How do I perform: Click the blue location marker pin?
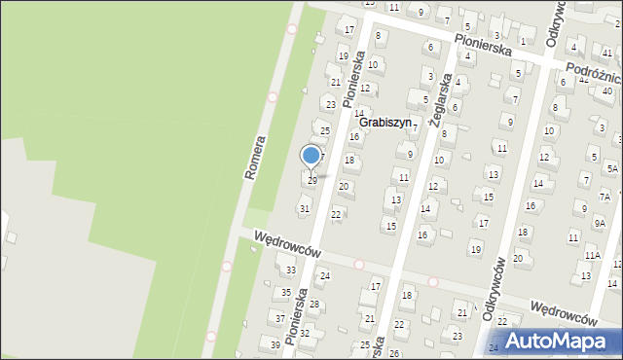[x=311, y=156]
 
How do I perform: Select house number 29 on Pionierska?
[x=311, y=180]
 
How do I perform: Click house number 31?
[x=304, y=209]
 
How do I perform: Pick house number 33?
[x=290, y=270]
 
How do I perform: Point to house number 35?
[x=285, y=292]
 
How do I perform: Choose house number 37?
[x=280, y=318]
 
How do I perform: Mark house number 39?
[x=275, y=344]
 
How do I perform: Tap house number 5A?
[x=611, y=168]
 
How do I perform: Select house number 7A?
[x=605, y=196]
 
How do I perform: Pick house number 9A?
[x=600, y=223]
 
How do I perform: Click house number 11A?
[x=593, y=255]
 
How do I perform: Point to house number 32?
[x=304, y=333]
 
